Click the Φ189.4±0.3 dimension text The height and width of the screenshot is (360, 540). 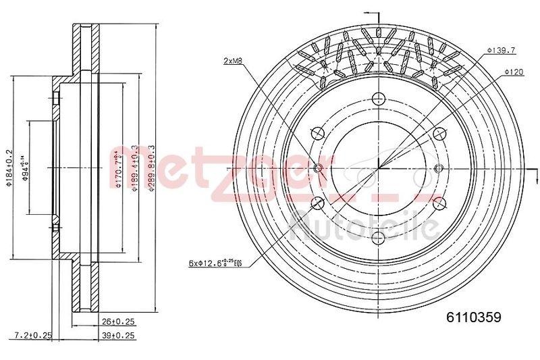coord(136,169)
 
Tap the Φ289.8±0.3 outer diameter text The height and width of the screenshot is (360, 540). coord(152,169)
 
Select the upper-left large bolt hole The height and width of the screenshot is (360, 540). coord(318,132)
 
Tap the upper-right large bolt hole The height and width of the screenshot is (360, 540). coord(439,132)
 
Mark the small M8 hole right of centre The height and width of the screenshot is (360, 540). coord(438,168)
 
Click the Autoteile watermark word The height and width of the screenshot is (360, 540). coord(364,226)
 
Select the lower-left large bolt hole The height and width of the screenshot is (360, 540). coord(318,203)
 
